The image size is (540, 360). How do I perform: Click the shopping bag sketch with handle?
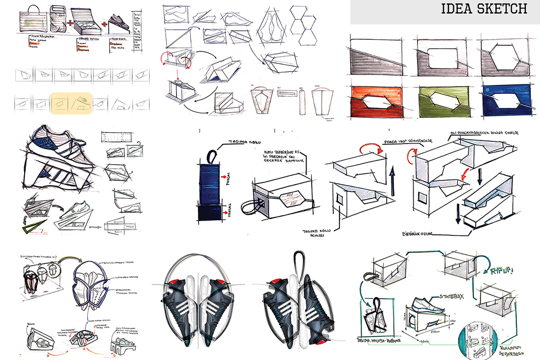pyautogui.click(x=33, y=21)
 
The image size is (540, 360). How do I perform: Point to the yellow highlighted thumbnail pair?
pyautogui.click(x=71, y=102)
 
